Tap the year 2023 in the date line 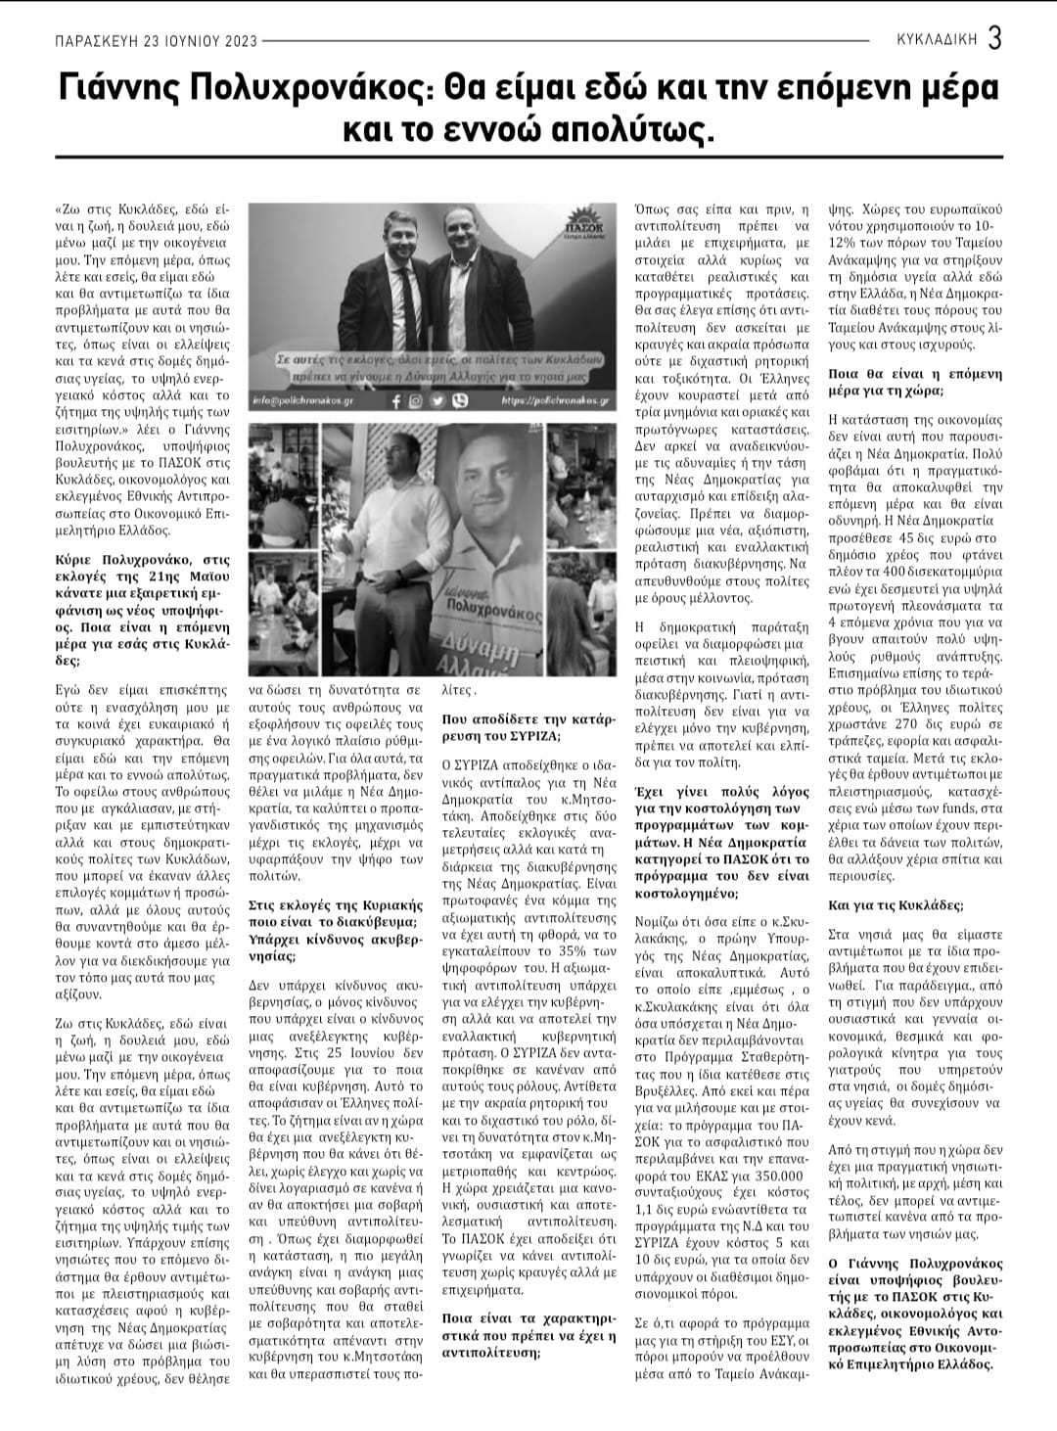coord(237,41)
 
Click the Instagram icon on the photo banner coord(416,401)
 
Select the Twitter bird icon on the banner coord(437,401)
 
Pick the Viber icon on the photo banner coord(460,401)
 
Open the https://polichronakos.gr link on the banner coord(556,401)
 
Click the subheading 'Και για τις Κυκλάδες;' coord(883,904)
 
